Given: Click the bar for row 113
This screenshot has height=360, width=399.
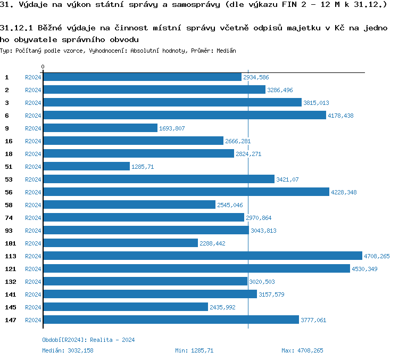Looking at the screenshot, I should pos(202,256).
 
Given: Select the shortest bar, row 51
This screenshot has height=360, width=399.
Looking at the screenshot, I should pos(86,167).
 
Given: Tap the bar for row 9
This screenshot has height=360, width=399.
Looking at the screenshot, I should pos(100,128).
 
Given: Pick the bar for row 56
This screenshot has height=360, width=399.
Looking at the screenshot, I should pos(186,192).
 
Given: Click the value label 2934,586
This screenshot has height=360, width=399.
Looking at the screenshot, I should pos(256,77).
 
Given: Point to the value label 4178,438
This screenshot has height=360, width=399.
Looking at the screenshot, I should pos(340,116).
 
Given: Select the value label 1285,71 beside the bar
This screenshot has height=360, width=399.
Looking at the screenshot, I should pos(142,167).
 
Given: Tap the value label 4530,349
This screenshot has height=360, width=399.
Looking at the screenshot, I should pos(364,269).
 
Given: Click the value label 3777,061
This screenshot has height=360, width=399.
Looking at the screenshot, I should pos(313,320).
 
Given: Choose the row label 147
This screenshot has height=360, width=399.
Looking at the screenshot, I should pos(10,320).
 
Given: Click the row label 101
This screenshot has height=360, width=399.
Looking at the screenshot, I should pos(10,243).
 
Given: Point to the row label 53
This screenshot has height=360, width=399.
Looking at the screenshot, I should pos(8,179).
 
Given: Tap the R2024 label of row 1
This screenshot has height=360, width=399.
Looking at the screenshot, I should pos(33,77).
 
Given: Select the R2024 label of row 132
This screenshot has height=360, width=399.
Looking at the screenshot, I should pos(33,282).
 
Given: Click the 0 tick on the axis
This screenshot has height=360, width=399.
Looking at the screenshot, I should pos(43,67).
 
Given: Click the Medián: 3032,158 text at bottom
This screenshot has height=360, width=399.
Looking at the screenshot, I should pos(68,350).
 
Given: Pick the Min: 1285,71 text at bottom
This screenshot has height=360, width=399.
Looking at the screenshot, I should pos(194,350).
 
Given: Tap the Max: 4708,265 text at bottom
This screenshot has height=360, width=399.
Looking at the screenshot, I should pos(302,350).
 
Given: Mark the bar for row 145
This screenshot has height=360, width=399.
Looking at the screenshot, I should pos(125,307).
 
